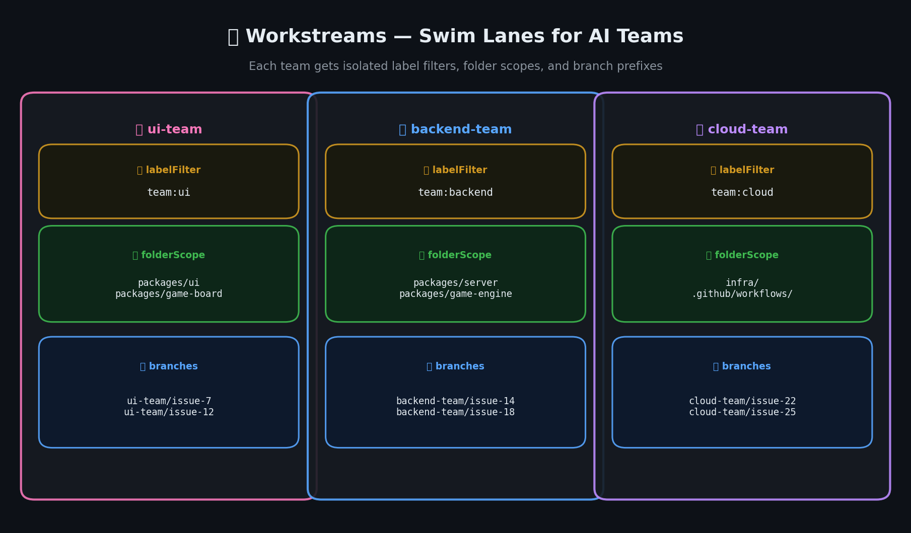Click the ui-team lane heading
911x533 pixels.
tap(169, 129)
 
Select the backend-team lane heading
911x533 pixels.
tap(455, 129)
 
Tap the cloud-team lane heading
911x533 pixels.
tap(742, 129)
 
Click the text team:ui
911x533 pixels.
tap(169, 192)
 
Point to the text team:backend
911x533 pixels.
tap(455, 192)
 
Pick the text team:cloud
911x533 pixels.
tap(742, 192)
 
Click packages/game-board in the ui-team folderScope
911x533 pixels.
tap(169, 294)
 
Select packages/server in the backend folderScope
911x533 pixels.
tap(455, 283)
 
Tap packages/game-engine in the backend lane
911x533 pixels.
tap(455, 294)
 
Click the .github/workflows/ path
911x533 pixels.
tap(742, 294)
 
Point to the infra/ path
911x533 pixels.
tap(742, 283)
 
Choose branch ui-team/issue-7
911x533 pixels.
tap(169, 401)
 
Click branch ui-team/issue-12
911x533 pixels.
tap(169, 412)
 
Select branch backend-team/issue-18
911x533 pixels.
tap(455, 412)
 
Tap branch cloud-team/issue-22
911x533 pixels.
tap(742, 401)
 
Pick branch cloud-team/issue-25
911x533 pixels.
tap(742, 412)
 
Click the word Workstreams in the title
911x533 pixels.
tap(316, 36)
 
